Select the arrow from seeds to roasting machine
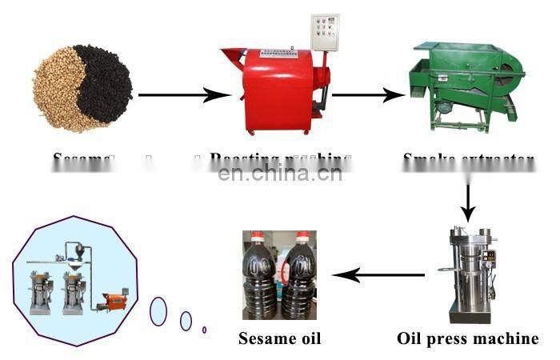tap(184, 95)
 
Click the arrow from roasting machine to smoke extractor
tap(369, 96)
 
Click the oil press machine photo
tap(469, 272)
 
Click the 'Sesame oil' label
tap(279, 338)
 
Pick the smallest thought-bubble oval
tap(205, 329)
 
